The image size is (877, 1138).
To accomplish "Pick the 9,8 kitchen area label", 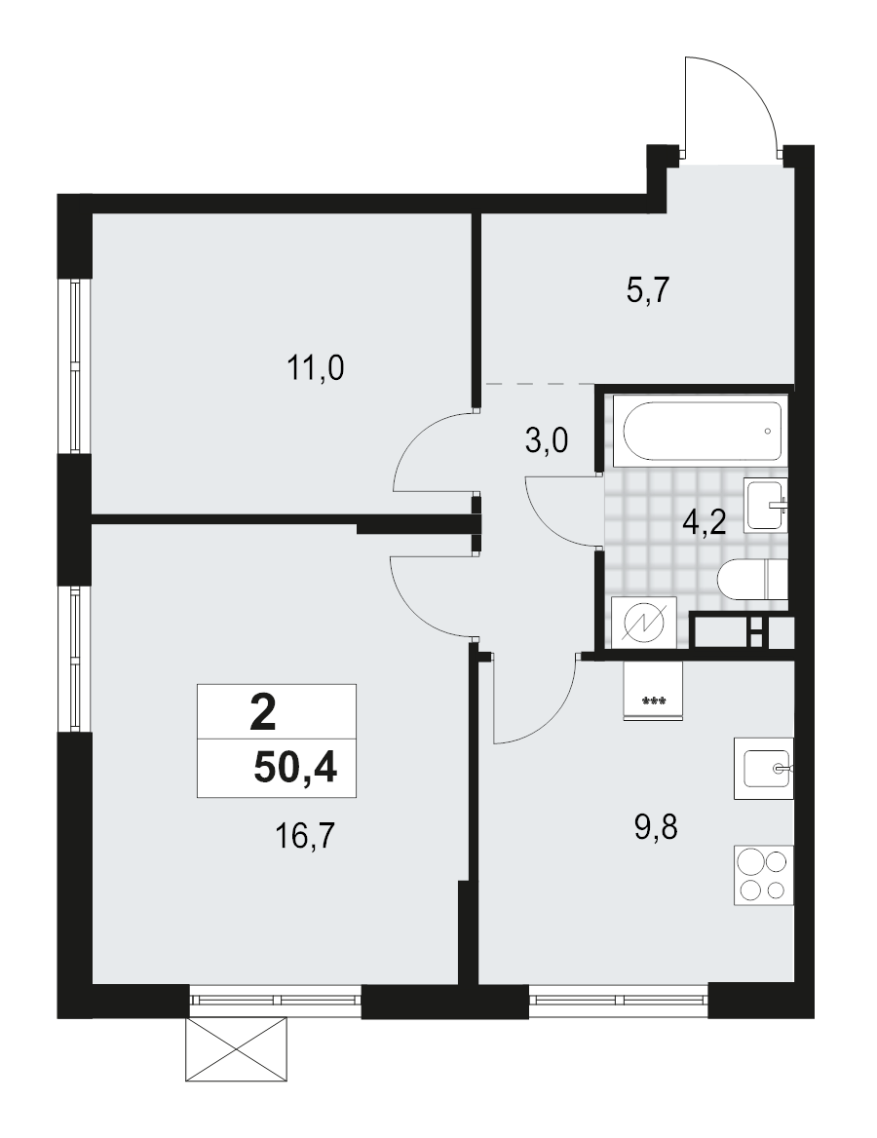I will pyautogui.click(x=655, y=829).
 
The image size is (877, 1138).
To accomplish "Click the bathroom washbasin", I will pyautogui.click(x=765, y=505).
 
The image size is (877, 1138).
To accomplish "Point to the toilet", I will pyautogui.click(x=750, y=583).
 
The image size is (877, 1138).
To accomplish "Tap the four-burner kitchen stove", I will pyautogui.click(x=763, y=875).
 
